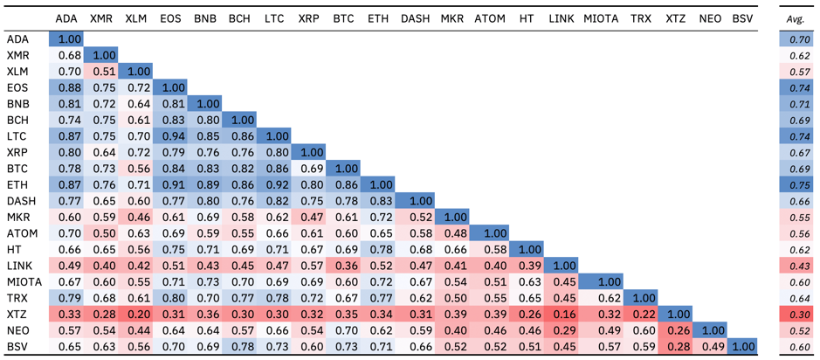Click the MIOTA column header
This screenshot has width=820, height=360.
pyautogui.click(x=602, y=19)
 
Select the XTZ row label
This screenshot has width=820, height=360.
pyautogui.click(x=17, y=315)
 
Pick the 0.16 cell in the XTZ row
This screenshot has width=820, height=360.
pyautogui.click(x=560, y=315)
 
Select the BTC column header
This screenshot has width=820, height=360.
pyautogui.click(x=343, y=19)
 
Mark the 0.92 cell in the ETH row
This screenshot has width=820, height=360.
pyautogui.click(x=274, y=184)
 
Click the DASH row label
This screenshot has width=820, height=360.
pyautogui.click(x=19, y=200)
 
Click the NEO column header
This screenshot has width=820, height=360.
pyautogui.click(x=709, y=19)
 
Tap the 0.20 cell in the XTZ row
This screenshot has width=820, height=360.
pyautogui.click(x=135, y=315)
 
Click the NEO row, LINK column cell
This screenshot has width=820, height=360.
pyautogui.click(x=560, y=329)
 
